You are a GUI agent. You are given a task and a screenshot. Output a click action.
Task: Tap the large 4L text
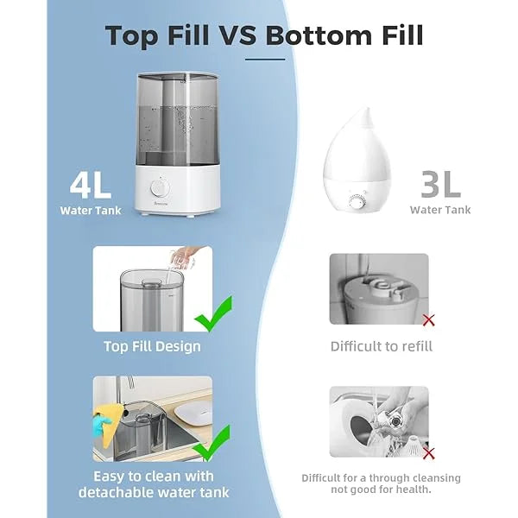click(x=91, y=183)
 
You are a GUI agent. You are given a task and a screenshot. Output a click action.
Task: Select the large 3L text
click(x=439, y=183)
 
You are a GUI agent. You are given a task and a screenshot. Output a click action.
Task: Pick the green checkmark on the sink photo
click(x=212, y=441)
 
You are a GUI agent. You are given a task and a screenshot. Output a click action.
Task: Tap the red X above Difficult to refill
click(x=428, y=320)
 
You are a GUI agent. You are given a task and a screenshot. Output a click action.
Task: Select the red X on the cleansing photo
click(x=428, y=452)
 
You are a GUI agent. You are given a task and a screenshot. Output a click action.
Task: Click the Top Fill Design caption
click(x=152, y=346)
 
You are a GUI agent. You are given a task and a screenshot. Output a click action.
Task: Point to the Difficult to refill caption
click(x=382, y=346)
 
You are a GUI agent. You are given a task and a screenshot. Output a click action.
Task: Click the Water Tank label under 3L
click(x=440, y=210)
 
